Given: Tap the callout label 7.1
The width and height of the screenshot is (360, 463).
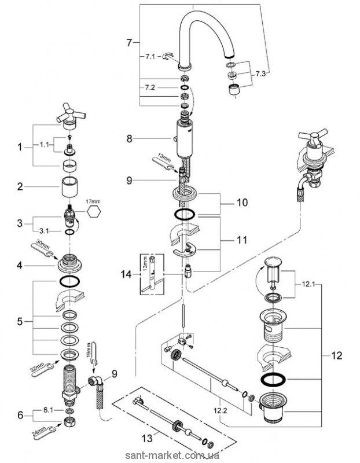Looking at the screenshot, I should coord(150,56).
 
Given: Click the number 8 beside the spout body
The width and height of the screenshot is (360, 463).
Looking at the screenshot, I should coord(131,139).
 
